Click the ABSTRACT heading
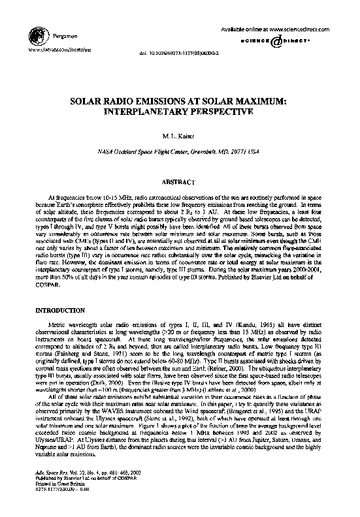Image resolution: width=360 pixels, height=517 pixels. (180, 181)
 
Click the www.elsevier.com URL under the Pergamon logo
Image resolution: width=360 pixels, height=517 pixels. (53, 49)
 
